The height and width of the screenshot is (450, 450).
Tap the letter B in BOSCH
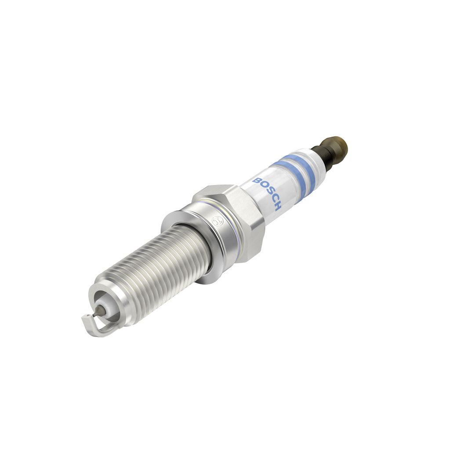(256, 181)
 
